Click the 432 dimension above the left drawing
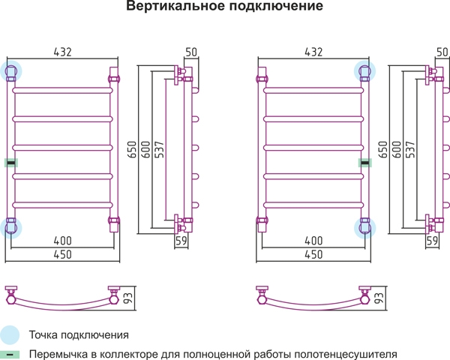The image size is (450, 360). point(62,52)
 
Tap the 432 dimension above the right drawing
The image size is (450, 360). point(313,52)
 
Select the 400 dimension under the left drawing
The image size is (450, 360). point(62,241)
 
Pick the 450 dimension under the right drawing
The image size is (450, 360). point(313,254)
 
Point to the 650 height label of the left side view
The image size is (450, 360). point(132,149)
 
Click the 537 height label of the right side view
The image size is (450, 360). point(410,149)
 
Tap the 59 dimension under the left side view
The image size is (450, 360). point(181,241)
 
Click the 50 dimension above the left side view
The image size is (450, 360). point(191,52)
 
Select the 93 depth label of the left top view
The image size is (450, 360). point(128,298)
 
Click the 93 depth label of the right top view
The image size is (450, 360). point(379,298)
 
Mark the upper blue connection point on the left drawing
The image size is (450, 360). point(11,71)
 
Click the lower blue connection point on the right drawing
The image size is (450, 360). point(364,228)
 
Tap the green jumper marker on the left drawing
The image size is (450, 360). point(11,163)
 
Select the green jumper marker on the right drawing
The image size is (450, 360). point(365,163)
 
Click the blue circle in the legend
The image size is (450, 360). point(10,335)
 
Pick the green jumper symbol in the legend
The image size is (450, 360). point(10,355)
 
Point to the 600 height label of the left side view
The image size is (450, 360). point(145,149)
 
